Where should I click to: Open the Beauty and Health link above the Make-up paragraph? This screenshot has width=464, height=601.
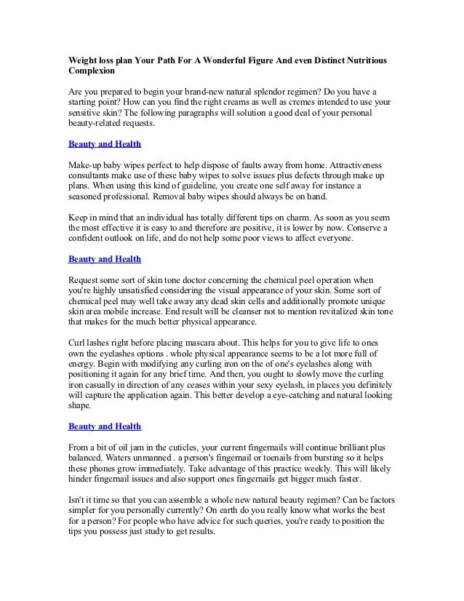coord(104,144)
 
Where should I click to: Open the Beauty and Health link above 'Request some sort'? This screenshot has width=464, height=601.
coord(104,258)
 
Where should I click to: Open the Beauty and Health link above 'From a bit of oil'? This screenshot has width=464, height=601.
coord(104,425)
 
